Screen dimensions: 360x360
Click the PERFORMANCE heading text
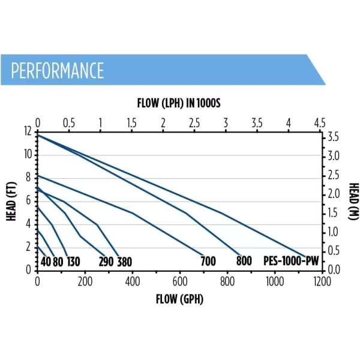[x=58, y=70]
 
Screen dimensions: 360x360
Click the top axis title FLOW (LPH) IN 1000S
[x=179, y=103]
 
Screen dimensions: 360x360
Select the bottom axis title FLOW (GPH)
[x=179, y=299]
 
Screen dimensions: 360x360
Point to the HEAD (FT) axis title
[x=11, y=202]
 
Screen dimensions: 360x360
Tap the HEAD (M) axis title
[x=354, y=201]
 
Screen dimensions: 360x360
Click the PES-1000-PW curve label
[x=291, y=261]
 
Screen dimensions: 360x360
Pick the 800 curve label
[x=244, y=261]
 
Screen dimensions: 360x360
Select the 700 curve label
[x=208, y=261]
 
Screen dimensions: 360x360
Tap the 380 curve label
[x=125, y=262]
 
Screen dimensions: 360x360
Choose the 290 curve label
[x=106, y=262]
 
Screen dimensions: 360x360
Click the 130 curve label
[x=73, y=262]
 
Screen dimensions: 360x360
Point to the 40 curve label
[x=46, y=262]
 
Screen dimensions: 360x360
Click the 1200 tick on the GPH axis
[x=322, y=281]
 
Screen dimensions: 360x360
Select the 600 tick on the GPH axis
[x=180, y=281]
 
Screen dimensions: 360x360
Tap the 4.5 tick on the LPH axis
[x=320, y=123]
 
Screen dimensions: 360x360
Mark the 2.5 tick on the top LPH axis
[x=194, y=123]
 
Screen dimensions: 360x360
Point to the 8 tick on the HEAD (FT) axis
[x=28, y=178]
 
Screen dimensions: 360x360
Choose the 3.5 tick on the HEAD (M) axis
[x=334, y=137]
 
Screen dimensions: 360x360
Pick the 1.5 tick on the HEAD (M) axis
[x=332, y=213]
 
